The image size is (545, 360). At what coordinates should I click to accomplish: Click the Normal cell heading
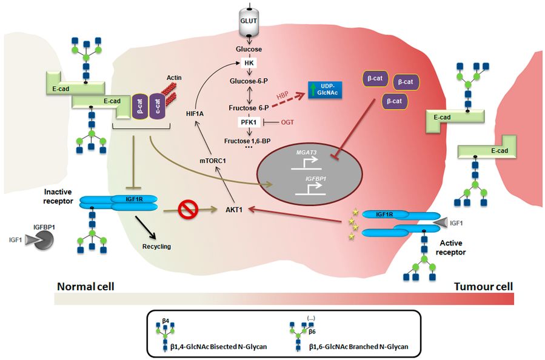click(x=86, y=285)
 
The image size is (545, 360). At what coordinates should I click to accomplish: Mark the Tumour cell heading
click(x=483, y=285)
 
